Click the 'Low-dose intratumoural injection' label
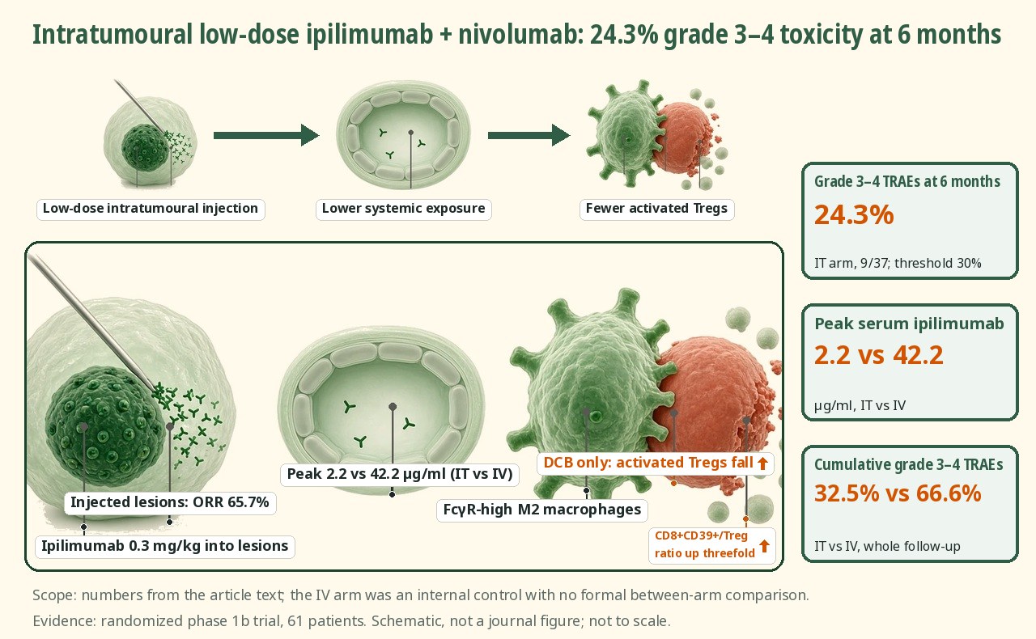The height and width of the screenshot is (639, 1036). click(151, 209)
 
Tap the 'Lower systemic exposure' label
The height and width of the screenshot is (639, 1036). click(403, 209)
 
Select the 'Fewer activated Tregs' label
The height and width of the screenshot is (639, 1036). click(656, 209)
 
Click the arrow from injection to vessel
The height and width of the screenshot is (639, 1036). click(266, 135)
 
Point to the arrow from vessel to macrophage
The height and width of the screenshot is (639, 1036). click(529, 135)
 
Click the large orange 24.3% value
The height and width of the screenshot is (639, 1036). click(854, 215)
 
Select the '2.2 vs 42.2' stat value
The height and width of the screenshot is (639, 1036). click(879, 356)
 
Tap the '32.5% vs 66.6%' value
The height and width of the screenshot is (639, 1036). click(898, 493)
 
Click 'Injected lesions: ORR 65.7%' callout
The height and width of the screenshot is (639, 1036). click(170, 502)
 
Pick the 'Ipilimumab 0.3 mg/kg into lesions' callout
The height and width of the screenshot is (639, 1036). click(164, 547)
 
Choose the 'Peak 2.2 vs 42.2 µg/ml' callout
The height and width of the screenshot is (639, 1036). click(400, 474)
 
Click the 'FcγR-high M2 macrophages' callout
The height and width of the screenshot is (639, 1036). click(542, 510)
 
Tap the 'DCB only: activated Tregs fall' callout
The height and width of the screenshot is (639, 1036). click(656, 463)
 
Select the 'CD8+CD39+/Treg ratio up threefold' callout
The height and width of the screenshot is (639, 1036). click(712, 545)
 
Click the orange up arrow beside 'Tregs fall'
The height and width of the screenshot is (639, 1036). click(762, 463)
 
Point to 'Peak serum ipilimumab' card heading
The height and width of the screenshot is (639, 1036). click(909, 324)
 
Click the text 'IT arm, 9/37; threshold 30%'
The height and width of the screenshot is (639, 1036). click(898, 263)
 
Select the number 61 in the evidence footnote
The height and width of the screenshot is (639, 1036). click(295, 621)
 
